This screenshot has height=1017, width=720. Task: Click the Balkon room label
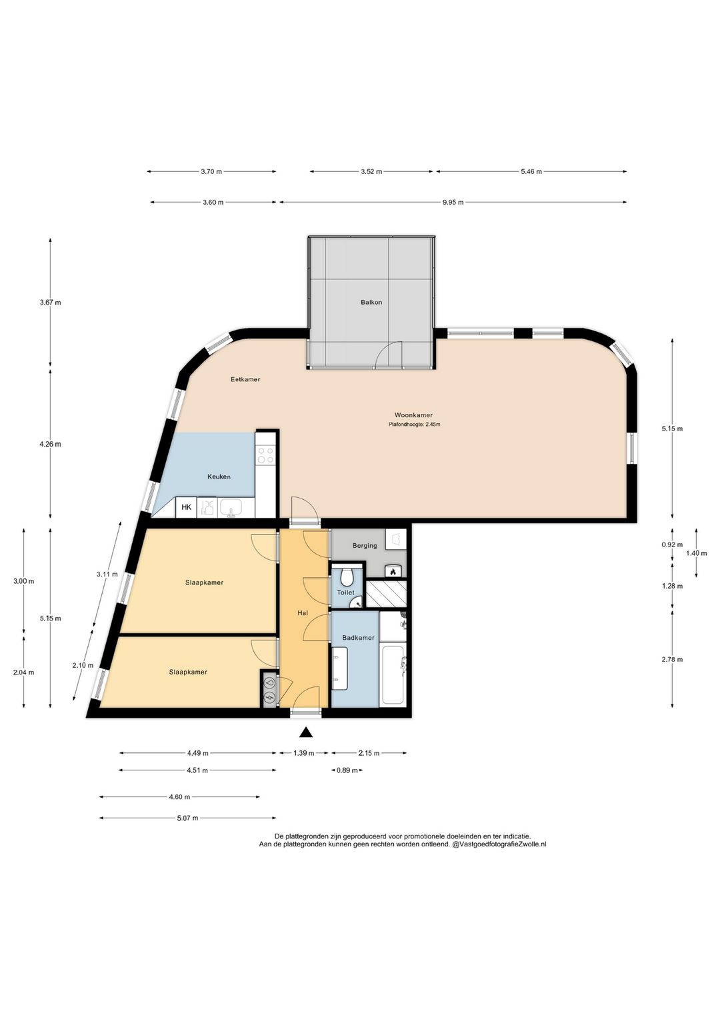[x=371, y=302]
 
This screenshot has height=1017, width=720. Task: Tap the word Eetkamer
[x=245, y=379]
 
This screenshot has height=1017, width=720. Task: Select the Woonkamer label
[x=413, y=415]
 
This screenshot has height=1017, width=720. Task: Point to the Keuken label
[x=219, y=477]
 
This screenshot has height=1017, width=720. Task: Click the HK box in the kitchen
[x=186, y=507]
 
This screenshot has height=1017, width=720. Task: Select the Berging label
[x=365, y=545]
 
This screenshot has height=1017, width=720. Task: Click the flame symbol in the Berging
[x=393, y=572]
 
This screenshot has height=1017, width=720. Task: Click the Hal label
[x=303, y=613]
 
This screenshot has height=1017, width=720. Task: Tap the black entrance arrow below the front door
[x=307, y=732]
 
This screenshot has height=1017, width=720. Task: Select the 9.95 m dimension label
[x=453, y=202]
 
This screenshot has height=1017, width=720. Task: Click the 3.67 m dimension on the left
[x=51, y=302]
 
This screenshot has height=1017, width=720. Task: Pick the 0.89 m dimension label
[x=347, y=770]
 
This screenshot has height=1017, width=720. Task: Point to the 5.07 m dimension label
[x=187, y=818]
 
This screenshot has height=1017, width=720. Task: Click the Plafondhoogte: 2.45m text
[x=414, y=425]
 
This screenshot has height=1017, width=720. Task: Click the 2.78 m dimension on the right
[x=672, y=659]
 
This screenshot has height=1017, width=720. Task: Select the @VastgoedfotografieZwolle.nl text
[x=499, y=844]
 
